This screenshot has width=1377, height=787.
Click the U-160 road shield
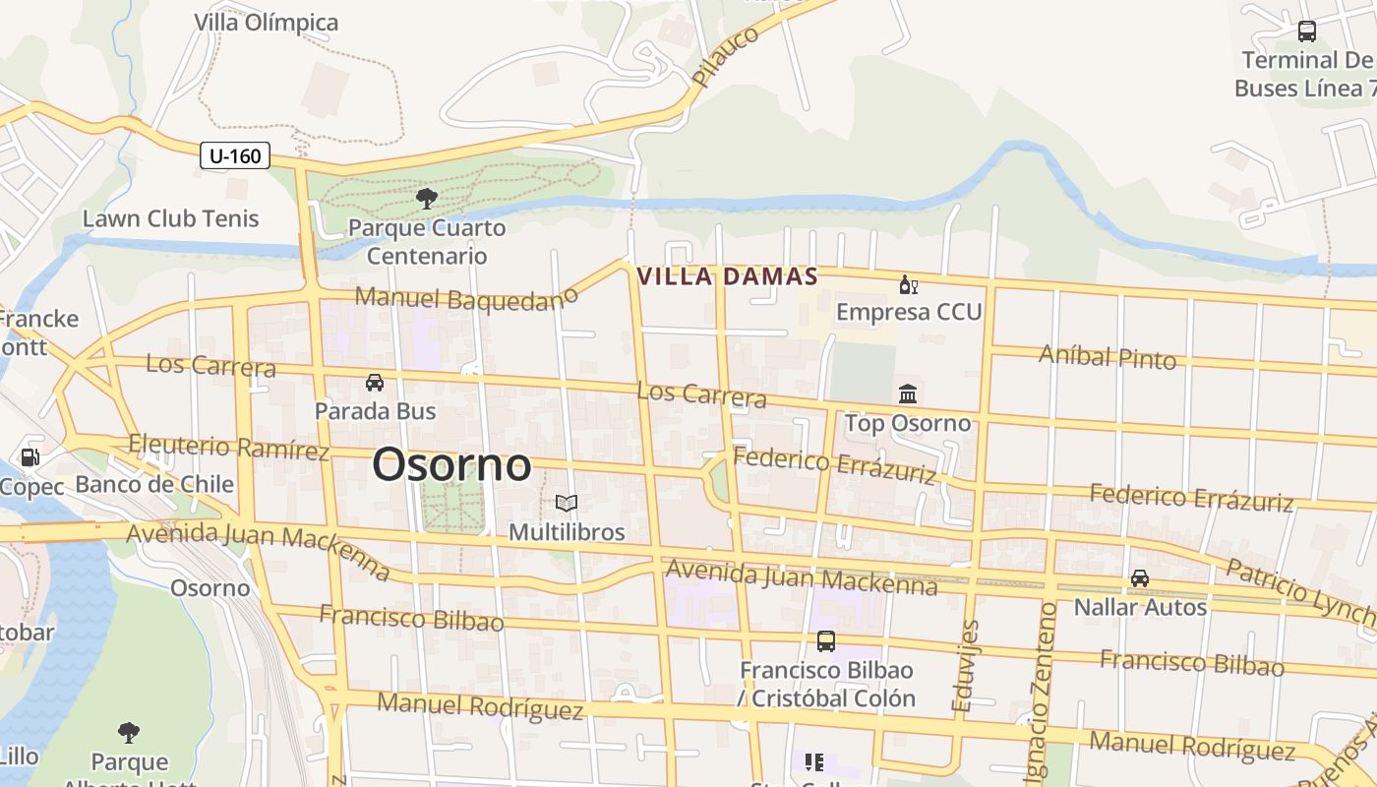tap(234, 155)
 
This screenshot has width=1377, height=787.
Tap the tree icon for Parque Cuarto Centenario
tap(427, 200)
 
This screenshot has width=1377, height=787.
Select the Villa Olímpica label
tap(266, 23)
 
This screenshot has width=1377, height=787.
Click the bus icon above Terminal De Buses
tap(1306, 31)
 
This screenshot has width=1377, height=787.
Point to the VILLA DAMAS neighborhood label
tap(728, 276)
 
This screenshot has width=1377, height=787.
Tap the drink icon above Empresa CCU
tap(908, 286)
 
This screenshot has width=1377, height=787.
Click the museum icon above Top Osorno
tap(908, 394)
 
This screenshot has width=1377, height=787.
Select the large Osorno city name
tap(451, 465)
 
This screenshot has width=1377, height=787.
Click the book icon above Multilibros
tap(566, 504)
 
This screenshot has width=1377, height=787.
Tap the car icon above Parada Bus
tap(375, 382)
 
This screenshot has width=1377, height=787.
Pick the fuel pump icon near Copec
tap(30, 457)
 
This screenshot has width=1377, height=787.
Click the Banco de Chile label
tap(154, 484)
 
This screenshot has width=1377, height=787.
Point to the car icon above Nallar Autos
tap(1139, 578)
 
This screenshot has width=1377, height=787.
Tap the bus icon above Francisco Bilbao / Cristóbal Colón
tap(826, 641)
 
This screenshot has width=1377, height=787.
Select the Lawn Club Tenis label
tap(170, 218)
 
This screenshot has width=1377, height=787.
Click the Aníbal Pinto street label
tap(1108, 357)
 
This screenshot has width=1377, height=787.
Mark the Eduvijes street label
tap(966, 665)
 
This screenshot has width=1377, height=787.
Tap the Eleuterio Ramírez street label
tap(228, 448)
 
